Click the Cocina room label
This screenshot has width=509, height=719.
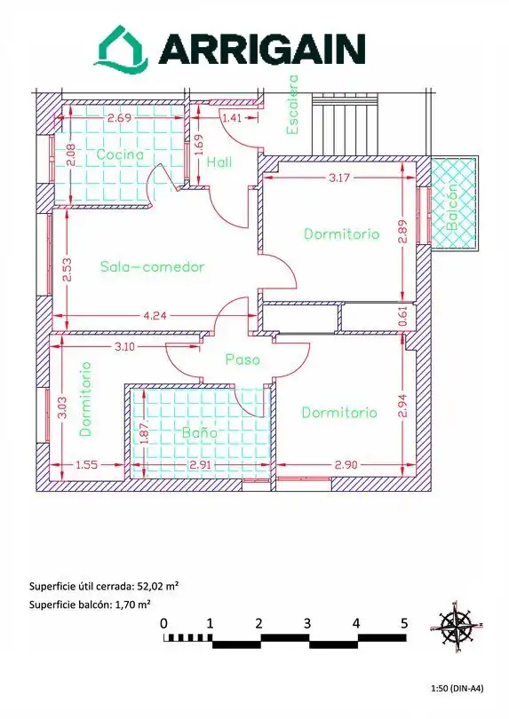pos(120,154)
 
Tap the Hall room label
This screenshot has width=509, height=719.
pos(219,162)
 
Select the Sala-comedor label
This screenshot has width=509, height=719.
pos(152,266)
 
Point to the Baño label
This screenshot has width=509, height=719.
pos(199,431)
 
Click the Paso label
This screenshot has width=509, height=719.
pos(243,359)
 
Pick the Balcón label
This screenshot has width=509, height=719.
pos(452,206)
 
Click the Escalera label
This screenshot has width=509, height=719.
pos(292,105)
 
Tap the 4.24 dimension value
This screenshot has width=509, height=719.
pos(155,315)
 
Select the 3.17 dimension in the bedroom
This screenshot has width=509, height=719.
pos(339,178)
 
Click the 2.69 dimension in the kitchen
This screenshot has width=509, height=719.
pos(119,118)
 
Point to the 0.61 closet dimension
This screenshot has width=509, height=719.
pos(402,316)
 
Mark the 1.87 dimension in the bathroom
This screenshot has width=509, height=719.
pos(144,433)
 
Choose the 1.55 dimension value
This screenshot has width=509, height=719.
pos(87,465)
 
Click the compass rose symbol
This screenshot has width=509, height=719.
pos(457,627)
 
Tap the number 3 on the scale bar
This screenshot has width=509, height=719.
pos(307,624)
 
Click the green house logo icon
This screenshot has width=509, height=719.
pos(122,49)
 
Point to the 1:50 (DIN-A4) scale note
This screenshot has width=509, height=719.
pos(457,688)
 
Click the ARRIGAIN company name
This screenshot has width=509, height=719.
pos(262,49)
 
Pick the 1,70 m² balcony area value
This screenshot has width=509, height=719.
pos(132,604)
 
